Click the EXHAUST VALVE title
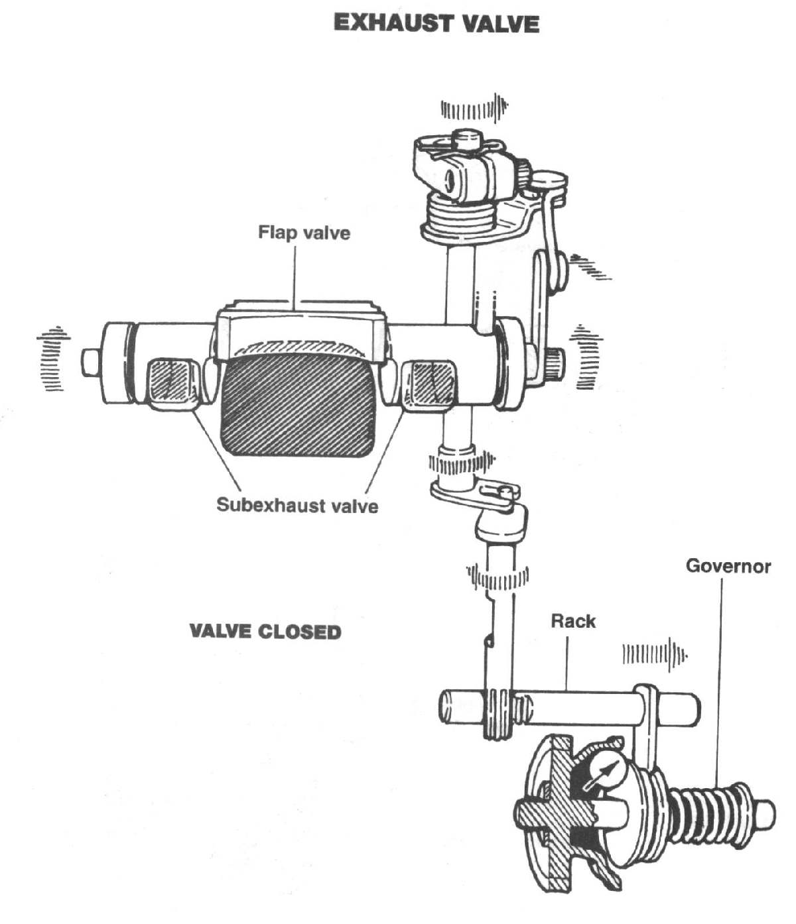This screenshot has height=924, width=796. [436, 23]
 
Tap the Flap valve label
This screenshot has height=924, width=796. [304, 233]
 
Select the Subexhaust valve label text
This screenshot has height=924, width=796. [297, 506]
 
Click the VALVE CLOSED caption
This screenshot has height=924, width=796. [265, 631]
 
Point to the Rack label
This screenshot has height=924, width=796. [573, 621]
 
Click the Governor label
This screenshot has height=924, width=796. [728, 566]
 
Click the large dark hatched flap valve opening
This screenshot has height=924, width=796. [298, 404]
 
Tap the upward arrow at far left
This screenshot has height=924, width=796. [53, 358]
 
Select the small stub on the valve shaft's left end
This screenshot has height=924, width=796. [90, 362]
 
